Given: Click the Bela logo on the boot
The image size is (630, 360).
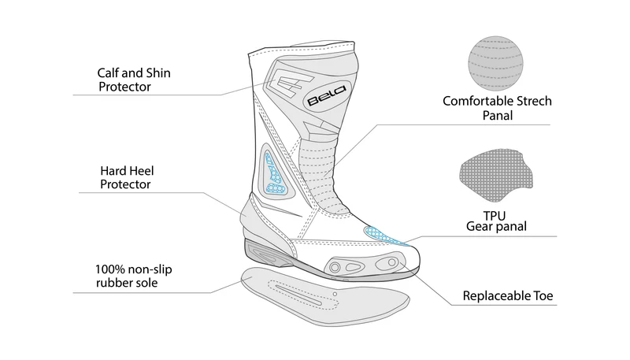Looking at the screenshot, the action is coord(326,95).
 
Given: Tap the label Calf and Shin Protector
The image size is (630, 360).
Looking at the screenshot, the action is coord(134,80).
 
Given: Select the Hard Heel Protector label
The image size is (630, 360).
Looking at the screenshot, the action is coord(127,177).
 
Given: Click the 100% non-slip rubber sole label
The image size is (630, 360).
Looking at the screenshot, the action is coord(133,276).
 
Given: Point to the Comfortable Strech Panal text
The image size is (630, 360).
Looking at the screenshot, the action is coord(497,108).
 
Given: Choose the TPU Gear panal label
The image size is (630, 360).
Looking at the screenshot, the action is coord(496,221).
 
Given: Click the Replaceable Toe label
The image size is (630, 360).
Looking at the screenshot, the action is coord(508,295).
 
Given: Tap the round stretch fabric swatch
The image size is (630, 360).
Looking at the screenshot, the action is coord(495,64).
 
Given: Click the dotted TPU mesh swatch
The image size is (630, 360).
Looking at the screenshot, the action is coord(496,175).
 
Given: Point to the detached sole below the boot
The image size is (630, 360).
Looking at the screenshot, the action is coord(324,295).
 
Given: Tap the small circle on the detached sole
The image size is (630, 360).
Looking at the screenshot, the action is coord(335,294).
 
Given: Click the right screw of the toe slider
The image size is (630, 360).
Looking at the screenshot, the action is coord(391,263).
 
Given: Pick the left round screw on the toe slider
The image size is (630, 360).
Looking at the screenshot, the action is coord(335,267).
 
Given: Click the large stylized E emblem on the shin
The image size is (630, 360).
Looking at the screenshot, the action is coord(289,83).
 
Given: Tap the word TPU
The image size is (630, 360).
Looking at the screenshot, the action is coord(495,216).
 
